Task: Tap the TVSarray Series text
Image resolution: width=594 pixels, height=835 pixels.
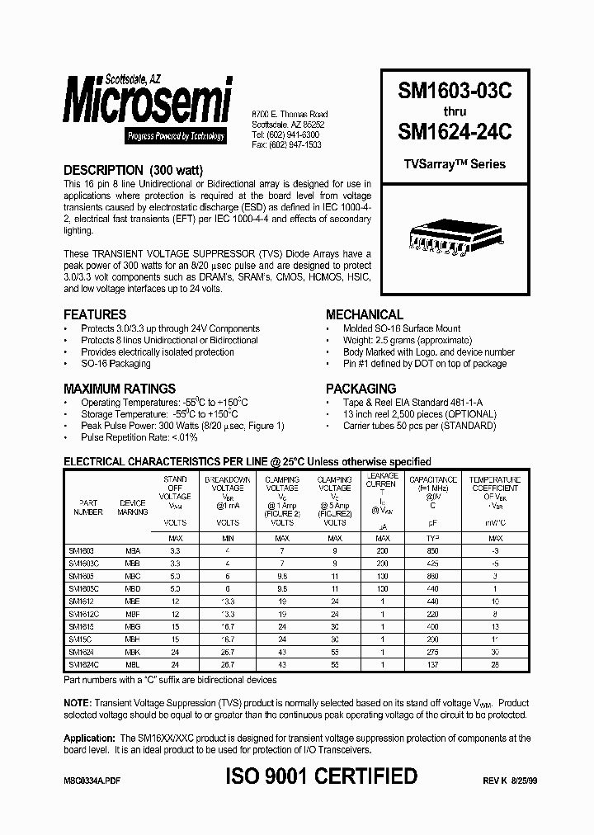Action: pos(455,163)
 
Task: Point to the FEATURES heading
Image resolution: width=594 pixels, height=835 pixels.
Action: pos(95,314)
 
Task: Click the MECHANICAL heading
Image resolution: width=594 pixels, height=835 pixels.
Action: pos(364,314)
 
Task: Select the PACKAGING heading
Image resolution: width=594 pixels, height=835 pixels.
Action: pos(361,388)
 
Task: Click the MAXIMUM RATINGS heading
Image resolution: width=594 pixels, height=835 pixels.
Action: pos(120,388)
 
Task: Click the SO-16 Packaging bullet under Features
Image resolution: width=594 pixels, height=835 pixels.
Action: pos(115,364)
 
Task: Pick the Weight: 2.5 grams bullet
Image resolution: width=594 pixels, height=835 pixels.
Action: pos(401,341)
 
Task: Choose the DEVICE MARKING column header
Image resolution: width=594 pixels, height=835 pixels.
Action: pos(133,507)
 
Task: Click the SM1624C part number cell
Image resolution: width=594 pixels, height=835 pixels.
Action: pos(82,664)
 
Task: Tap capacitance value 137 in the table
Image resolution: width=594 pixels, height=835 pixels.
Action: pos(433,664)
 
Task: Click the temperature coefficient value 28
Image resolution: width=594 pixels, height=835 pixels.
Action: pos(494,664)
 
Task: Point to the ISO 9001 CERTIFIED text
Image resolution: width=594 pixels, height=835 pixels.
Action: pos(321,776)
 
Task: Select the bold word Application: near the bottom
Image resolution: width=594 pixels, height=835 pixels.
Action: pos(89,738)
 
